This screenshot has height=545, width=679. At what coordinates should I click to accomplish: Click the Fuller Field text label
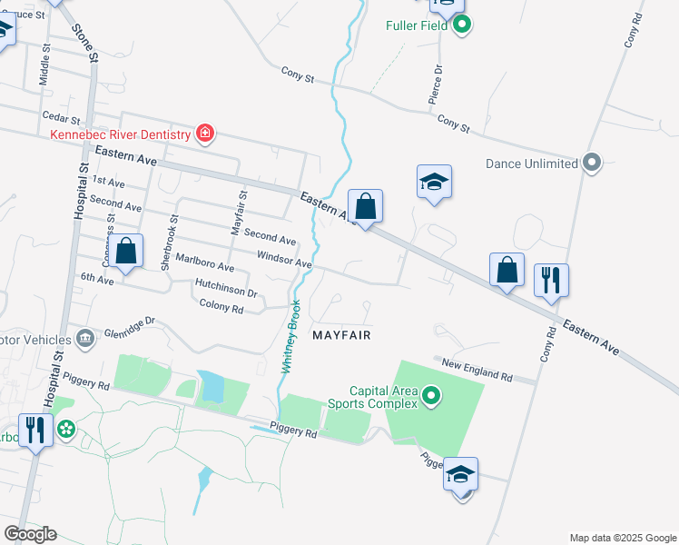click(x=416, y=25)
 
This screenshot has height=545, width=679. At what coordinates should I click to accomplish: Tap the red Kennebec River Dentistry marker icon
click(x=205, y=135)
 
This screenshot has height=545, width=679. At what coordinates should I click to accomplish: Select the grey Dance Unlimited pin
click(x=592, y=163)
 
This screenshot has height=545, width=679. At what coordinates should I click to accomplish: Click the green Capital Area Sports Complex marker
click(x=431, y=397)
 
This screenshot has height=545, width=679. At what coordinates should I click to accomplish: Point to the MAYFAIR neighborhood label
click(x=342, y=335)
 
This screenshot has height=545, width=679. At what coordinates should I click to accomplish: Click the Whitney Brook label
click(x=290, y=337)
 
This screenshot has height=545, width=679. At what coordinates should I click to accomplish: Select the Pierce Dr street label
click(x=438, y=81)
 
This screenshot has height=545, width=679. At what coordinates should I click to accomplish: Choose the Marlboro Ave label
click(x=205, y=263)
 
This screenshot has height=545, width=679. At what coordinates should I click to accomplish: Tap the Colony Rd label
click(x=221, y=309)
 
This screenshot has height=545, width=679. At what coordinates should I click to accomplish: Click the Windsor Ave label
click(x=284, y=261)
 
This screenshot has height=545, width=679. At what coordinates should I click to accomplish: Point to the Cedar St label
click(x=62, y=117)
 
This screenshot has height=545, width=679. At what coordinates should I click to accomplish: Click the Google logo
click(x=30, y=534)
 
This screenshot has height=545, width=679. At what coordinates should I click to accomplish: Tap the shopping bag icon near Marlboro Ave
click(x=128, y=252)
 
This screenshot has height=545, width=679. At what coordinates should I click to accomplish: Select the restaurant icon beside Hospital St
click(x=34, y=429)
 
